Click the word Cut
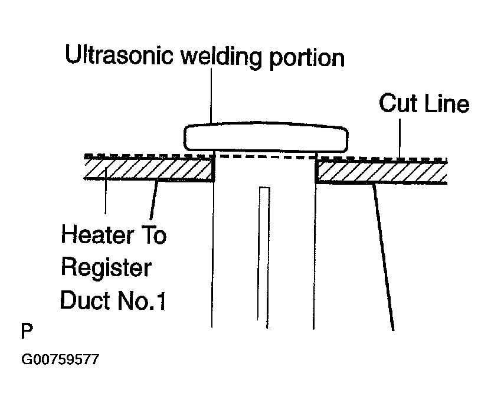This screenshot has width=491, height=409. (x=398, y=104)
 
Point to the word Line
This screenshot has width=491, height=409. (x=446, y=104)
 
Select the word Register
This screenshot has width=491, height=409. (x=106, y=269)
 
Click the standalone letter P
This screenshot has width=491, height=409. (x=26, y=331)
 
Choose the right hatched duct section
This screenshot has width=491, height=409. (x=381, y=172)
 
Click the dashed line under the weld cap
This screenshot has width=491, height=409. (x=264, y=156)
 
